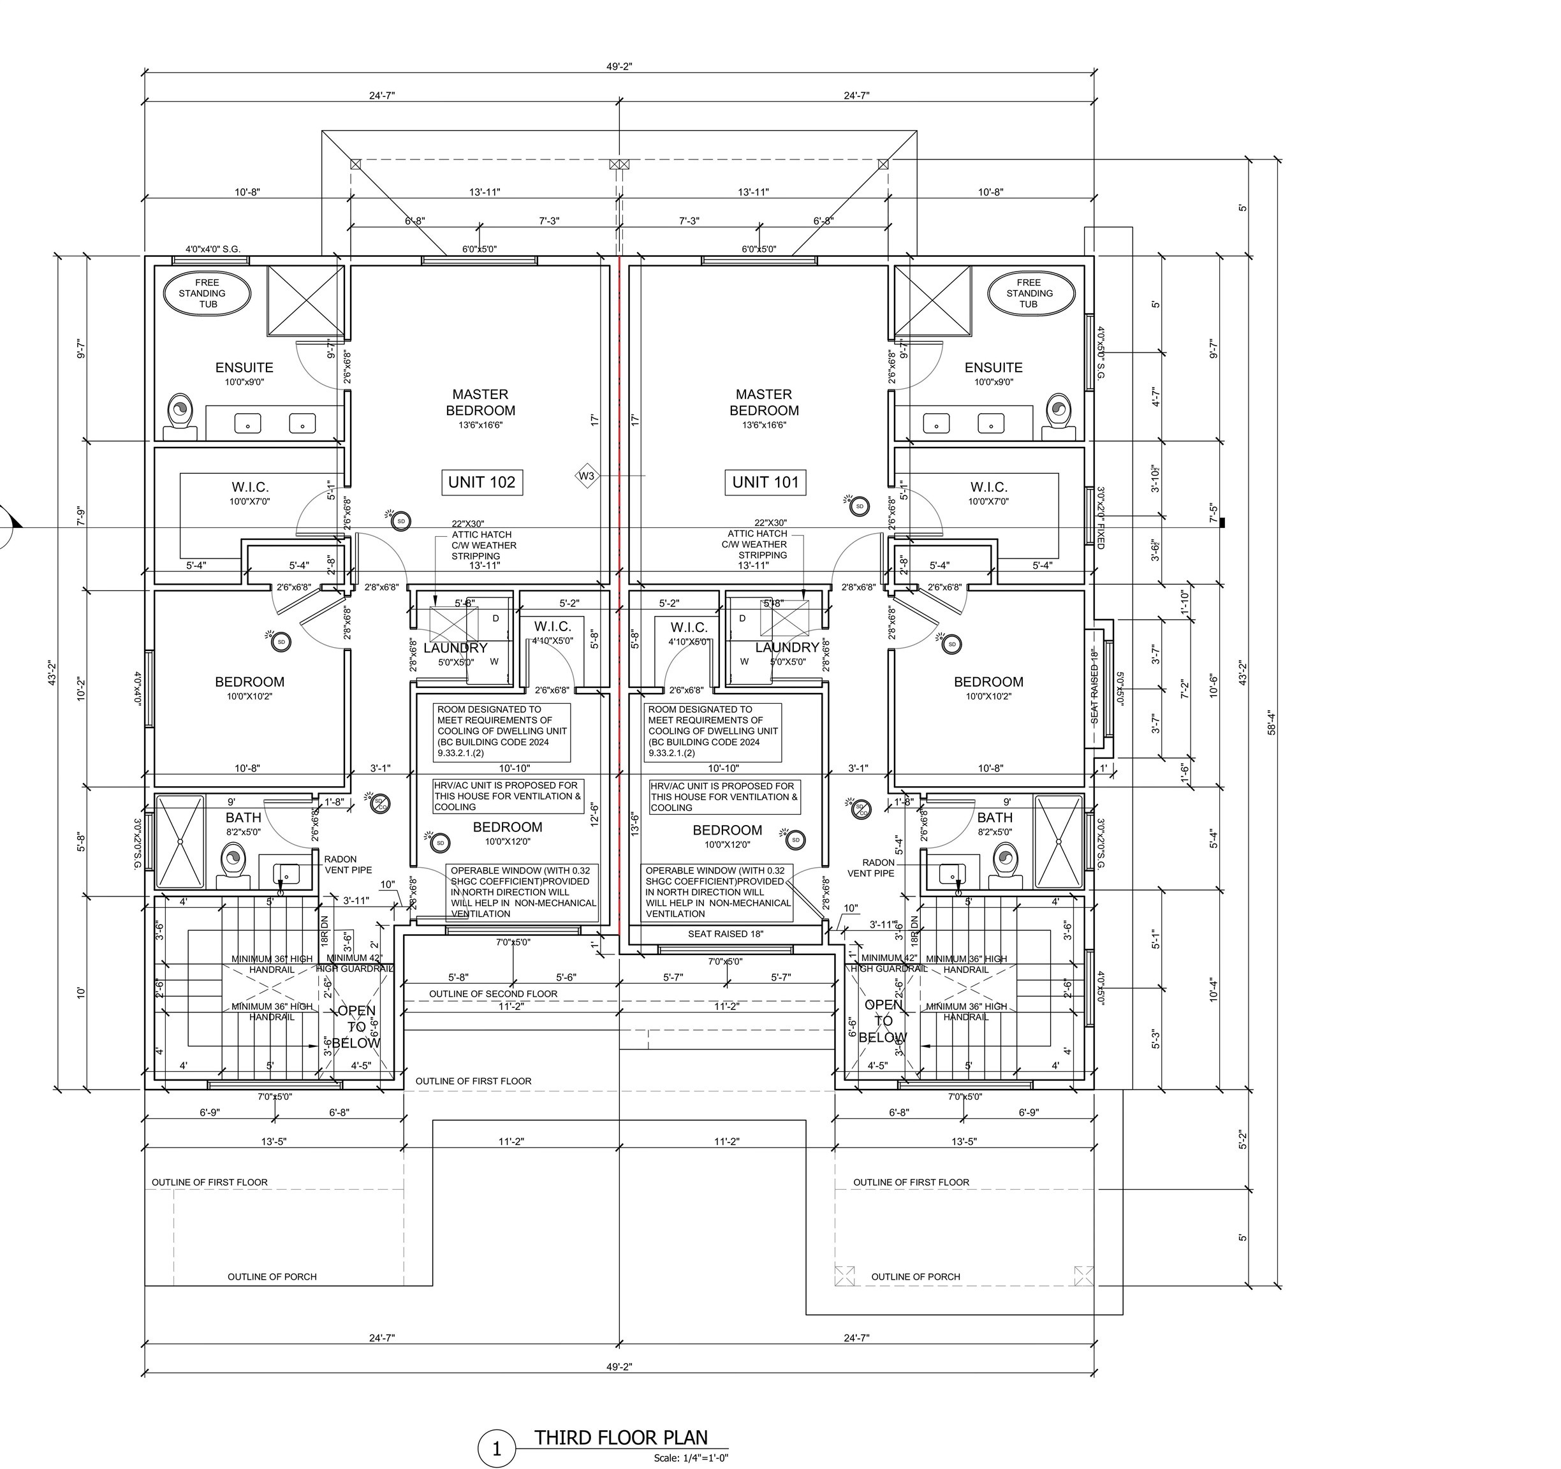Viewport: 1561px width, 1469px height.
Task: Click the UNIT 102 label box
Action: point(481,482)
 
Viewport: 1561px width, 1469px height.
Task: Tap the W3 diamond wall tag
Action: point(587,476)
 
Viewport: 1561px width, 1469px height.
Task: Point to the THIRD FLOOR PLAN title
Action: point(621,1438)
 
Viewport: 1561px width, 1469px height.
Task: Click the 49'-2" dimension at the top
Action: point(619,67)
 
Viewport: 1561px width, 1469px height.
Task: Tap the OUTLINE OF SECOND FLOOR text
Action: point(492,994)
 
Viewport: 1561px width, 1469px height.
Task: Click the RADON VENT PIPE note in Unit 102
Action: point(348,865)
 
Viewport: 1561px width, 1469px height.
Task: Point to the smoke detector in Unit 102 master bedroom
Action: point(400,520)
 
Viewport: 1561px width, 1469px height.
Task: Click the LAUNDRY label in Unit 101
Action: point(786,648)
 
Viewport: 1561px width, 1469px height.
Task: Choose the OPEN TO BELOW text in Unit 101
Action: point(883,1021)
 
